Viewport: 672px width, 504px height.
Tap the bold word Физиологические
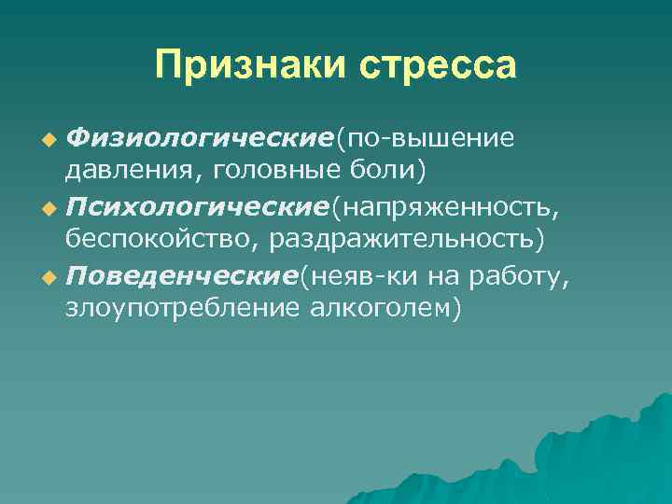coord(201,139)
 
